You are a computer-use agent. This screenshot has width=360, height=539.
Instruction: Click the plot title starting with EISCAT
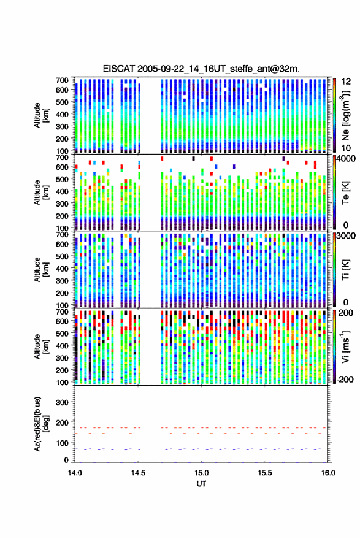pos(201,69)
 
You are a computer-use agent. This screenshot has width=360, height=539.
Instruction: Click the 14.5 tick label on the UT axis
pos(138,473)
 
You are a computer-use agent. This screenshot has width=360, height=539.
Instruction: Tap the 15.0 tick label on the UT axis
pos(202,473)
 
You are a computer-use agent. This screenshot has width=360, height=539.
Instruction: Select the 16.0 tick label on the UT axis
pos(328,473)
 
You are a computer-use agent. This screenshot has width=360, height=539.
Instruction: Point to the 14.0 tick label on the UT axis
pos(75,473)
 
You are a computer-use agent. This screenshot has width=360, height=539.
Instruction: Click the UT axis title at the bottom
pos(202,484)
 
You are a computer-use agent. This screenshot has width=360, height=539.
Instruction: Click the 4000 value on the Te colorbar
pos(347,159)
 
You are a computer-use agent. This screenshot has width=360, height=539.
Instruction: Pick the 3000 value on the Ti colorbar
pos(347,236)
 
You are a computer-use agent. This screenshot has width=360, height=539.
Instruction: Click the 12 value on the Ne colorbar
pos(346,82)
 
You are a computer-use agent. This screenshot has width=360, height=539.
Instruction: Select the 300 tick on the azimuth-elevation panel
pos(62,402)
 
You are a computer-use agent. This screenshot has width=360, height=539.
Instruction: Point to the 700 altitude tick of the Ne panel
pos(62,80)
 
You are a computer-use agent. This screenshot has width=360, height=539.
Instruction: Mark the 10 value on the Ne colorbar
pos(346,148)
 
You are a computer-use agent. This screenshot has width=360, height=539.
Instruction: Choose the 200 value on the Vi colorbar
pos(346,313)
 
